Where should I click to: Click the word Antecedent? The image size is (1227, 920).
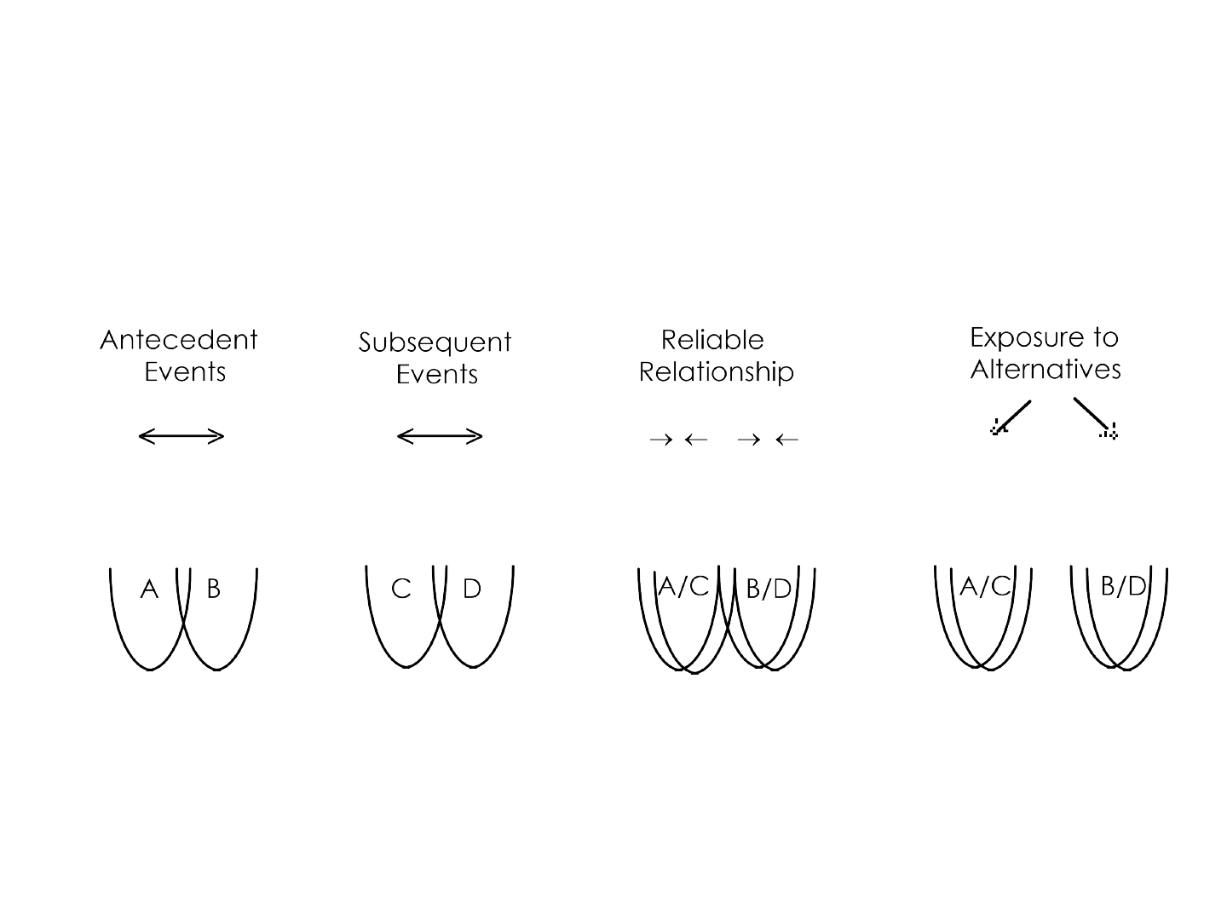click(179, 340)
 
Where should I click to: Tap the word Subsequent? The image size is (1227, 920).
click(435, 343)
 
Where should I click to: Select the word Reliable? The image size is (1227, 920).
click(712, 340)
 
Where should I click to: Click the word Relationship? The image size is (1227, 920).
click(716, 372)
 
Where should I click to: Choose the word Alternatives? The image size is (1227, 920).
click(1046, 369)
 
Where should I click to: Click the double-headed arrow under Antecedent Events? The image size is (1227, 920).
click(181, 436)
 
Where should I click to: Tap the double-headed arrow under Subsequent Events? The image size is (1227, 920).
click(440, 436)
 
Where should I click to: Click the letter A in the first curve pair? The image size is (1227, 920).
click(149, 589)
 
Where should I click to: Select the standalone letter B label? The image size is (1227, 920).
click(214, 588)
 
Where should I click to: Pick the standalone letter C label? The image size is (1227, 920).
click(401, 588)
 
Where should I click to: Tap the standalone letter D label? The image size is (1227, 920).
click(472, 588)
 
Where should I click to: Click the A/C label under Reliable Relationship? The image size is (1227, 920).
click(683, 587)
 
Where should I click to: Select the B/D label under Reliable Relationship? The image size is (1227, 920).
click(769, 589)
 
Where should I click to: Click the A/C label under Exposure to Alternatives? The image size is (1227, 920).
click(986, 587)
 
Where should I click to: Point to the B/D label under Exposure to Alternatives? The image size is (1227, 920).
click(1124, 587)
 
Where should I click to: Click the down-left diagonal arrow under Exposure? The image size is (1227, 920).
click(1011, 417)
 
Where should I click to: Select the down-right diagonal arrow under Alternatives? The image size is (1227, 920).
click(1095, 417)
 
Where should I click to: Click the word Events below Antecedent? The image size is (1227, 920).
click(185, 372)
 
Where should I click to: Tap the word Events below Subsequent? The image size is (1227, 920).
click(437, 374)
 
